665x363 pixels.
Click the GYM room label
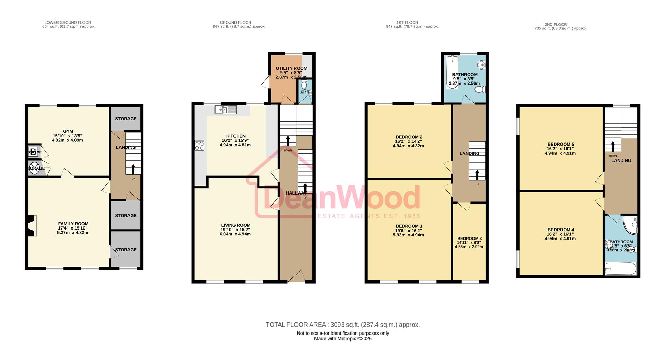[68, 131]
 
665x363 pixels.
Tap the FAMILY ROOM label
[73, 224]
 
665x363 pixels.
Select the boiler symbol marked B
[33, 152]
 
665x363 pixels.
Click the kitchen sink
[225, 110]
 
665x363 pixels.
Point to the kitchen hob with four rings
[199, 145]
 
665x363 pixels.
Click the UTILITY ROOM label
[291, 68]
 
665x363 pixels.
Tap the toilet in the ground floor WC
[304, 85]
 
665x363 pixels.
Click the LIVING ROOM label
[236, 225]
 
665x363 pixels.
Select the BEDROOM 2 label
[409, 137]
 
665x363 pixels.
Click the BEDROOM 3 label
[469, 239]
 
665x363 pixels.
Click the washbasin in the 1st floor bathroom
[481, 65]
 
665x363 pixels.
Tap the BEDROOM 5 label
[560, 144]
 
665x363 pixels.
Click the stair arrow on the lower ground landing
[133, 170]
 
